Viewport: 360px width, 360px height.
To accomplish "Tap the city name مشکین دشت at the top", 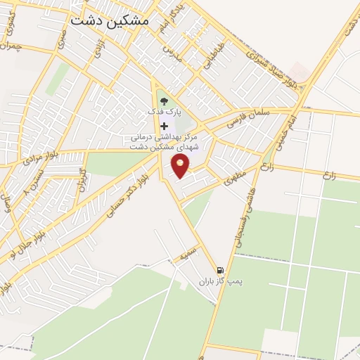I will (x=110, y=21).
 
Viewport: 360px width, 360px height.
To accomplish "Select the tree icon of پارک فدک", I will (x=164, y=101).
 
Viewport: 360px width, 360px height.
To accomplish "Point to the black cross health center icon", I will (x=165, y=125).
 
